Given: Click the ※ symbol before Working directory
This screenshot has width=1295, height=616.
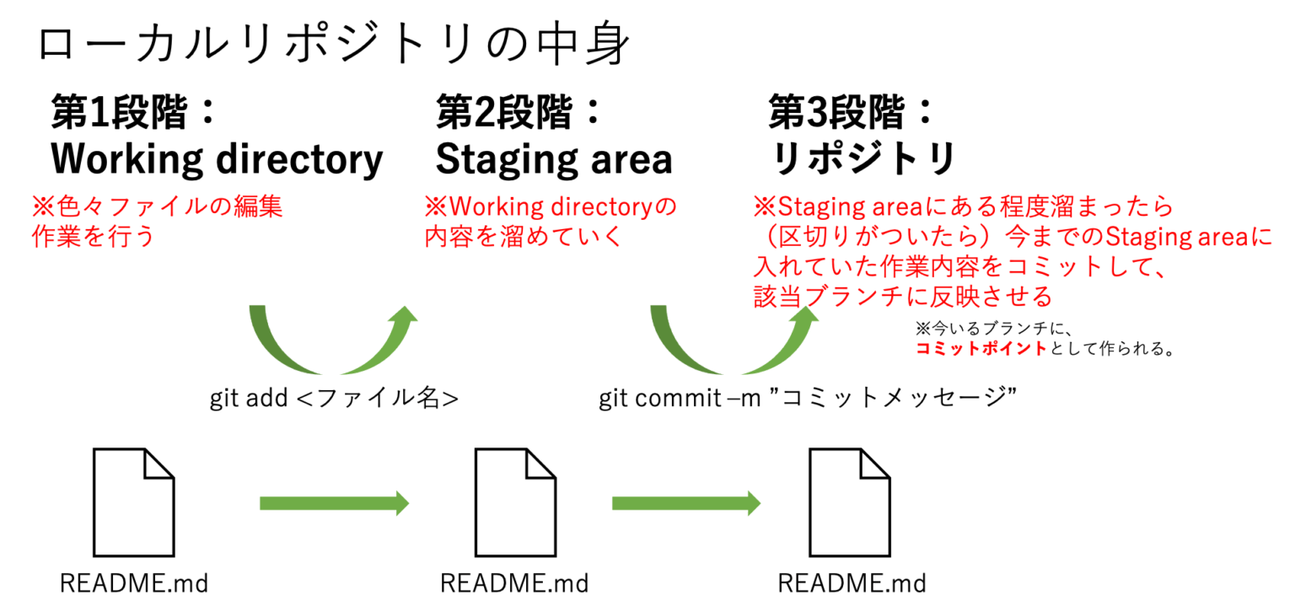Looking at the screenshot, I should click(x=434, y=207).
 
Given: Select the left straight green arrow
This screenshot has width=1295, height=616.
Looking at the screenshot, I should click(x=334, y=503).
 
